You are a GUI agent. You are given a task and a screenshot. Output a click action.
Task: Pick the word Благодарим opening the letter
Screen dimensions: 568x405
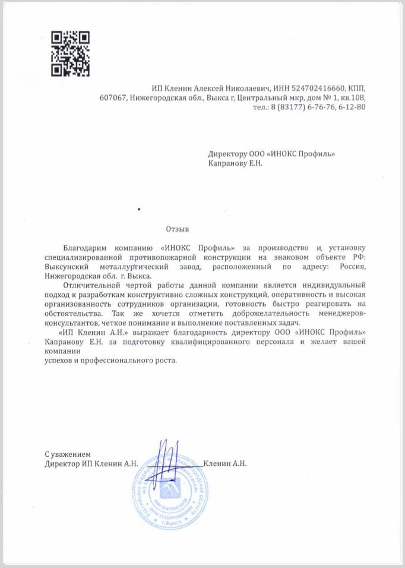[x=84, y=247]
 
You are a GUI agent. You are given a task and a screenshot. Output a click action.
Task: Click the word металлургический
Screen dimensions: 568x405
[x=132, y=267]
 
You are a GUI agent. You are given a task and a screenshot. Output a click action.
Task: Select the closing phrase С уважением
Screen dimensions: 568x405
[x=67, y=455]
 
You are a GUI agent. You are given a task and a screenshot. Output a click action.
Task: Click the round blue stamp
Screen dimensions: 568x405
[x=170, y=491]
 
